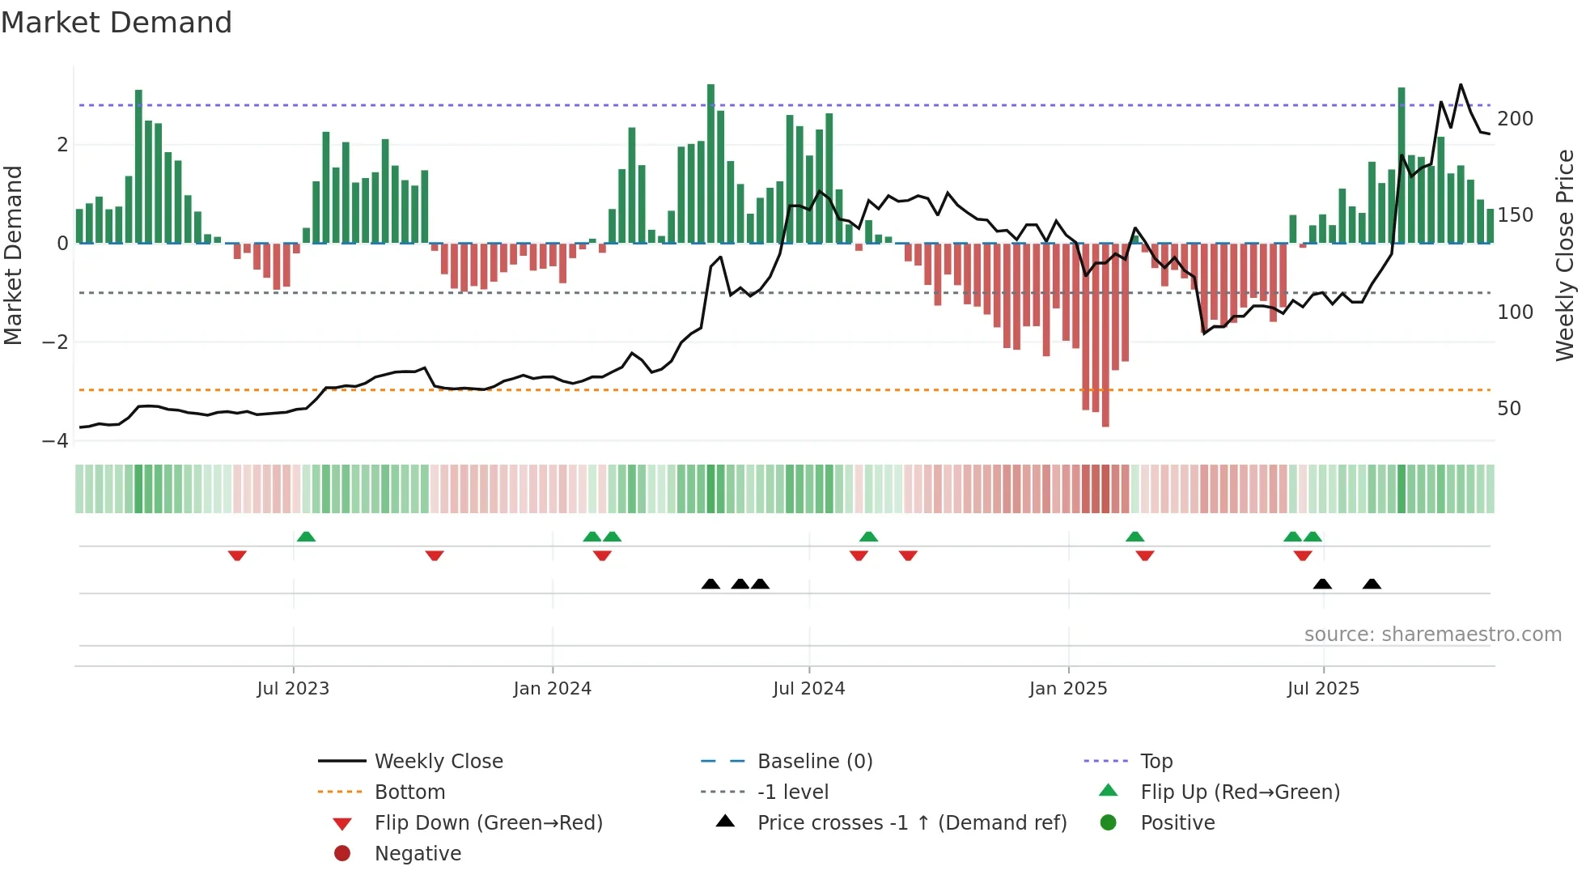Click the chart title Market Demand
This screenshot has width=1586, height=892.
pyautogui.click(x=117, y=23)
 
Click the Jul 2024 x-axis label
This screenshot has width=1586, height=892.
pyautogui.click(x=808, y=689)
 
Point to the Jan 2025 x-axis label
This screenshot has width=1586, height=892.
pyautogui.click(x=1067, y=689)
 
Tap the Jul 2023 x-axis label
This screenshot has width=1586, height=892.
pyautogui.click(x=293, y=689)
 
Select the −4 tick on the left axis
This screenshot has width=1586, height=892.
pyautogui.click(x=55, y=441)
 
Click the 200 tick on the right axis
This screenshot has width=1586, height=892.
pyautogui.click(x=1515, y=119)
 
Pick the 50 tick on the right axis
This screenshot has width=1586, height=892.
pyautogui.click(x=1508, y=409)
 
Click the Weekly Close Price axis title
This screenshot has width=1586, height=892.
pyautogui.click(x=1565, y=255)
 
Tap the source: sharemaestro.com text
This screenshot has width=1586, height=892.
pyautogui.click(x=1432, y=635)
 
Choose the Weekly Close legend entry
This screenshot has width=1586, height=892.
pyautogui.click(x=438, y=762)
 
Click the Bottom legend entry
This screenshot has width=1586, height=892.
pyautogui.click(x=409, y=792)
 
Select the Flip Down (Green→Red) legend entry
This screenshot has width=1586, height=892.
pyautogui.click(x=488, y=823)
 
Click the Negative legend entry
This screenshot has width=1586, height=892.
pyautogui.click(x=418, y=854)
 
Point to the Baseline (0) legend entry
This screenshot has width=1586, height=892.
pyautogui.click(x=814, y=762)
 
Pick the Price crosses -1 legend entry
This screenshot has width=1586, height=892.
pyautogui.click(x=911, y=823)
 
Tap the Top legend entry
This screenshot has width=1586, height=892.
pyautogui.click(x=1156, y=762)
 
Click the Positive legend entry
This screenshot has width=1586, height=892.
pyautogui.click(x=1177, y=823)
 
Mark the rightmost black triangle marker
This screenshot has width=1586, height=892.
pyautogui.click(x=1372, y=584)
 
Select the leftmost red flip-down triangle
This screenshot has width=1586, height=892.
pyautogui.click(x=237, y=555)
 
